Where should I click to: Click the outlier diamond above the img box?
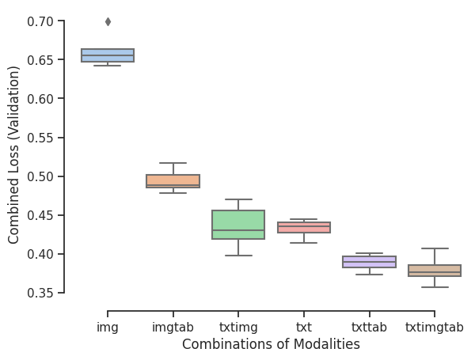tap(108, 21)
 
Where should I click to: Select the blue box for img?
tap(108, 55)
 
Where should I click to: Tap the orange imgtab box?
tap(173, 181)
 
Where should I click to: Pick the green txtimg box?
tap(238, 225)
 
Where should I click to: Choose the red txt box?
tap(303, 228)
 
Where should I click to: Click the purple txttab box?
tap(369, 262)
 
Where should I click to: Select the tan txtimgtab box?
tap(434, 271)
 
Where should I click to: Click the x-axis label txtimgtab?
tap(434, 327)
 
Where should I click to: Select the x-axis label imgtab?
tap(173, 327)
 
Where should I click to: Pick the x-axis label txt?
tap(303, 327)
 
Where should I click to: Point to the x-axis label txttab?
tap(369, 327)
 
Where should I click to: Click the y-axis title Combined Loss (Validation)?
tap(14, 154)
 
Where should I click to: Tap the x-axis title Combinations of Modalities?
tap(271, 345)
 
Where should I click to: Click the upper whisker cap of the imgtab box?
tap(173, 163)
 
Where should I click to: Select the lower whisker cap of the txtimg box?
tap(238, 256)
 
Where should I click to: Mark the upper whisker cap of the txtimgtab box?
tap(434, 248)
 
